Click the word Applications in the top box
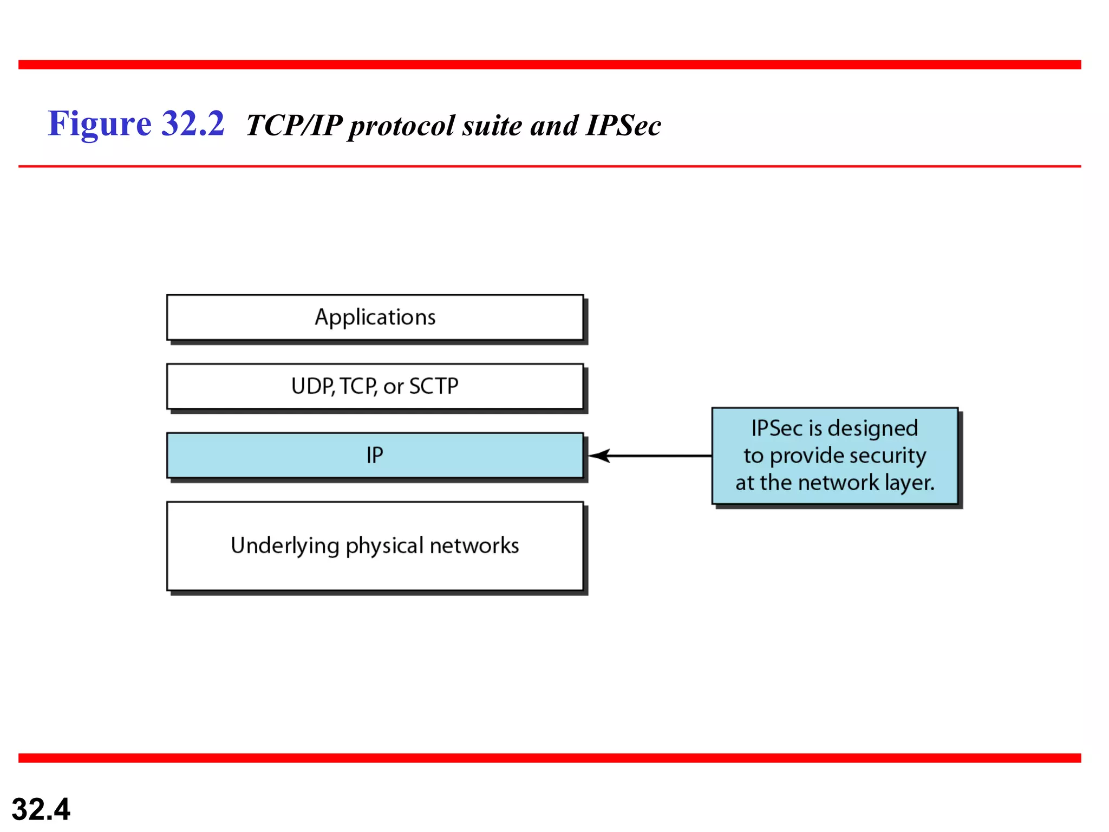[375, 317]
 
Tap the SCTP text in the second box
[433, 386]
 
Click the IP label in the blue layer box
[375, 455]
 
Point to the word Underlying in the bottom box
[285, 545]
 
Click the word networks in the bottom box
[474, 545]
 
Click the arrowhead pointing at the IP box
[600, 456]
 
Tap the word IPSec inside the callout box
[777, 428]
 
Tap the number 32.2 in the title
[193, 124]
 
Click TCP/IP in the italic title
[293, 126]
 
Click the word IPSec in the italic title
[623, 126]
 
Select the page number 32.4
[41, 809]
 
